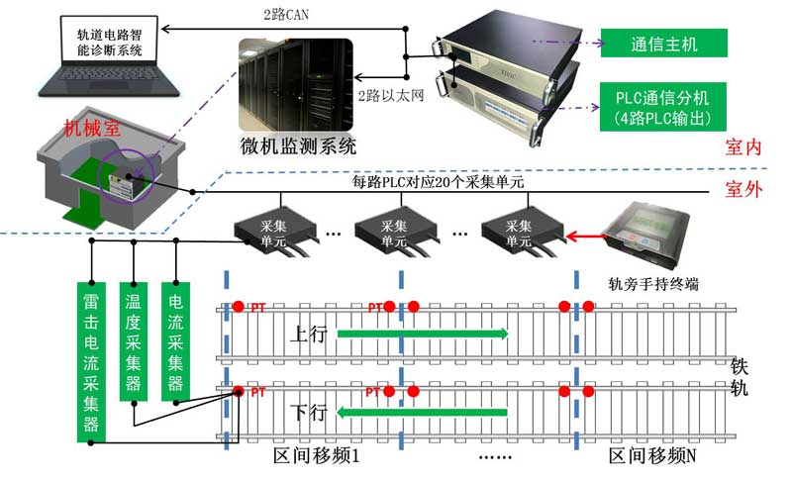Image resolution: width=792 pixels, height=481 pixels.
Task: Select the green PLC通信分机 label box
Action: click(664, 108)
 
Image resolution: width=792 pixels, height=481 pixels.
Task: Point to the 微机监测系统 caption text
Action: click(297, 147)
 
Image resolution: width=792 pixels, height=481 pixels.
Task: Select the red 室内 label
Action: click(742, 148)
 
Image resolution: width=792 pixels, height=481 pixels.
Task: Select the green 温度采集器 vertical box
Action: click(134, 341)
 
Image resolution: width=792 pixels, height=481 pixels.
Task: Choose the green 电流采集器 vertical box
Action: click(176, 341)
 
